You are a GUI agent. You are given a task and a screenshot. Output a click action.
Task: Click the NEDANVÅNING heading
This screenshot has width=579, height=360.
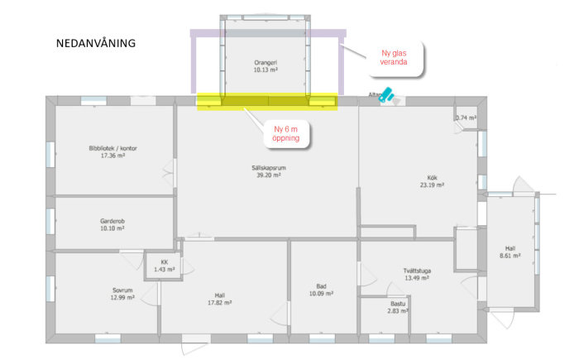[95, 42]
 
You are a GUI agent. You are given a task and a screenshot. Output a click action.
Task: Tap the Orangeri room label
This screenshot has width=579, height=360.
[265, 63]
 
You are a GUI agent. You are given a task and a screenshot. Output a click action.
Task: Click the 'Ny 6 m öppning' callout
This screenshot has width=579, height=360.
[286, 133]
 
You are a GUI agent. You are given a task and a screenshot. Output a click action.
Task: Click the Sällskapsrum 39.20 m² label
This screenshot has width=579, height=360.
[268, 170]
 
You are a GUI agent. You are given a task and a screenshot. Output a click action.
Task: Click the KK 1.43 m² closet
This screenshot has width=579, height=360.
[164, 266]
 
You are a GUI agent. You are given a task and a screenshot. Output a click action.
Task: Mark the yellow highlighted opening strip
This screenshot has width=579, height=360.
[266, 101]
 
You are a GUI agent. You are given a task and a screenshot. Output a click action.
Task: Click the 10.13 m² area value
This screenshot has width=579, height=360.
[265, 70]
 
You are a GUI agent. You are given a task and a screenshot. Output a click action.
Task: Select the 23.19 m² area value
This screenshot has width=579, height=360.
[432, 185]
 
